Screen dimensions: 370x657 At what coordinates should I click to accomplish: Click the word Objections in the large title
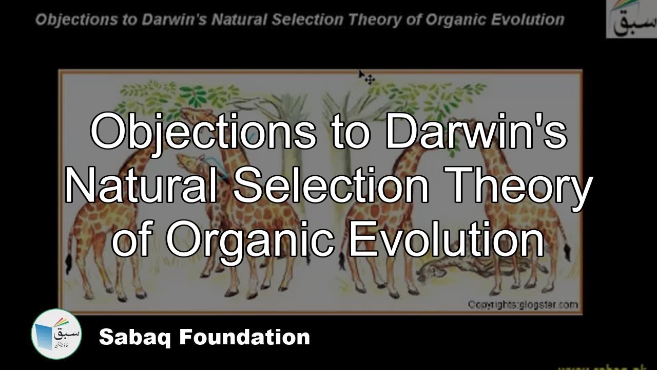click(203, 132)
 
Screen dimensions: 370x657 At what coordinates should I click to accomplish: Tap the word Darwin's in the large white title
click(477, 132)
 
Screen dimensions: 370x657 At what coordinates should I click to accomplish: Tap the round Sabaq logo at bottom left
click(56, 335)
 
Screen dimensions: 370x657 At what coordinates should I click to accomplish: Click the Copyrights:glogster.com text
click(523, 304)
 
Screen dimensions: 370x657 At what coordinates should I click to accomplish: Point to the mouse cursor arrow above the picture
click(366, 77)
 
